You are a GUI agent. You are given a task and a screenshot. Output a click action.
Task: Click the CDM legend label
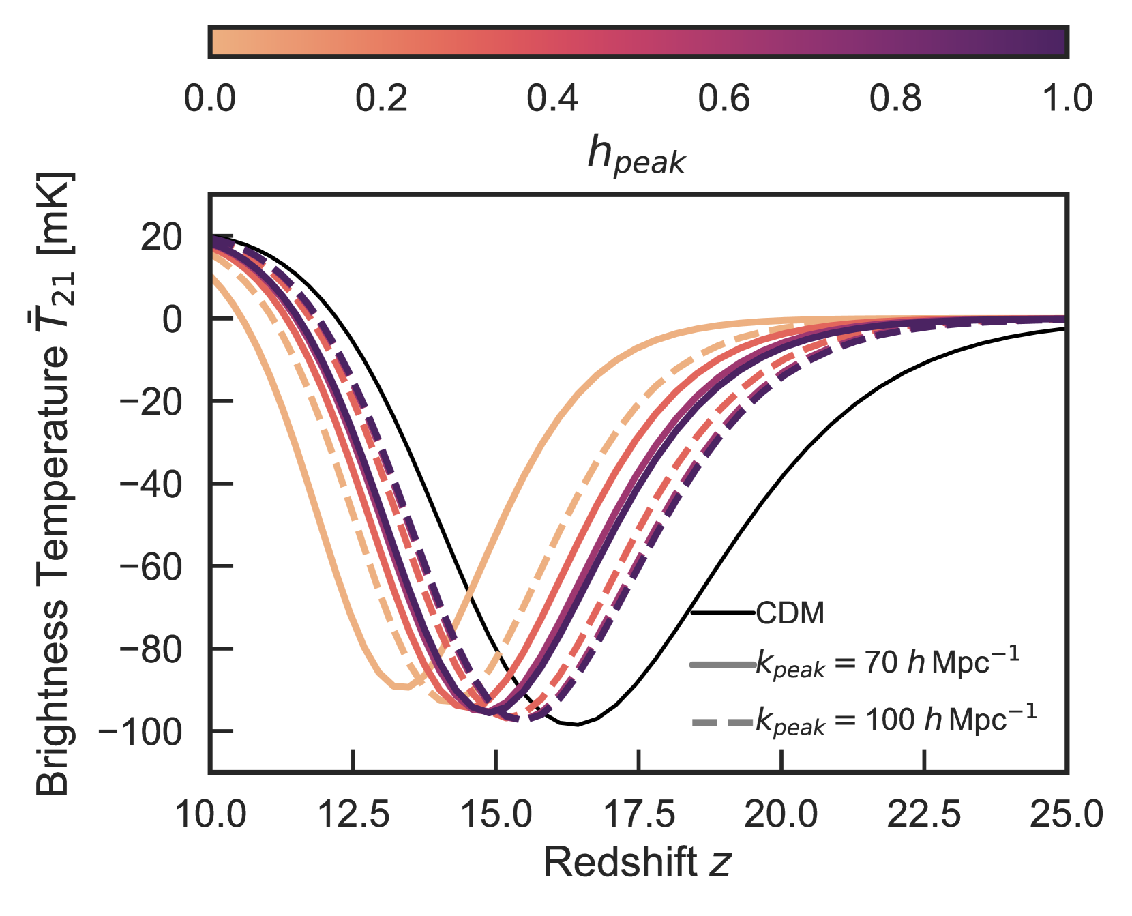point(790,613)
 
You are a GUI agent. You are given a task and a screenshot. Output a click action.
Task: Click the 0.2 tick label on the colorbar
point(381,99)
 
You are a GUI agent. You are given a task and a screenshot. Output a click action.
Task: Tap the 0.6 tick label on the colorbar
point(724,99)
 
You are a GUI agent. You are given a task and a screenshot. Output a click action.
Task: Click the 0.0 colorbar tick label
point(210,99)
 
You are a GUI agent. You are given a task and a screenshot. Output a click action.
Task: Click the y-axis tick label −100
point(140,732)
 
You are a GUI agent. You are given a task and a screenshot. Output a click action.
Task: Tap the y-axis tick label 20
point(162,237)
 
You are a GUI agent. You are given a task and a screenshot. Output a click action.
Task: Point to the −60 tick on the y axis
point(151,567)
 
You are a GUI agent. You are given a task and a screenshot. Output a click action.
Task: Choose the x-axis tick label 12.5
point(353,814)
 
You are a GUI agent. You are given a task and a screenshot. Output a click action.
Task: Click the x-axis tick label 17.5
point(639,814)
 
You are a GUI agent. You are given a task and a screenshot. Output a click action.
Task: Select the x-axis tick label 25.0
point(1067,814)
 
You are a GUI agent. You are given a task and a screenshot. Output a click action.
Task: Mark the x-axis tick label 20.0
point(781,814)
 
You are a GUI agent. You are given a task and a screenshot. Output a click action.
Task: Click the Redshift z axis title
point(637,862)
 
